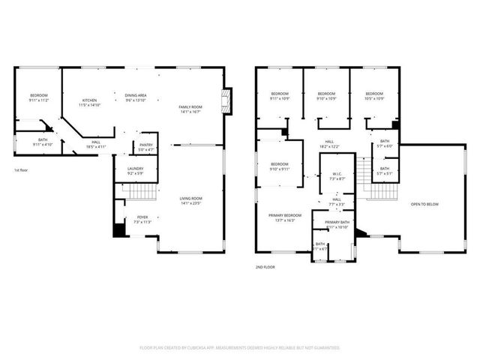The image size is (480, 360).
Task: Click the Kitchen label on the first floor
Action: click(89, 100)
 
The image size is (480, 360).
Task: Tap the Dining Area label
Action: click(135, 95)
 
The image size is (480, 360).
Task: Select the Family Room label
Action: click(190, 107)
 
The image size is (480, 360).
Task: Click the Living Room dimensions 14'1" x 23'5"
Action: click(190, 203)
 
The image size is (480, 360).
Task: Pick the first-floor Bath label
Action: click(43, 140)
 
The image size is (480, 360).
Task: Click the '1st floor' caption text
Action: click(22, 170)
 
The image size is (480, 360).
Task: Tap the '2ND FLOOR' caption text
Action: click(265, 265)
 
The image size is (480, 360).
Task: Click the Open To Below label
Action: click(424, 203)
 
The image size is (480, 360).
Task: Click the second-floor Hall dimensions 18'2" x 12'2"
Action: click(330, 146)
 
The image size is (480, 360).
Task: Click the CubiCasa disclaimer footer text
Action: click(240, 347)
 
